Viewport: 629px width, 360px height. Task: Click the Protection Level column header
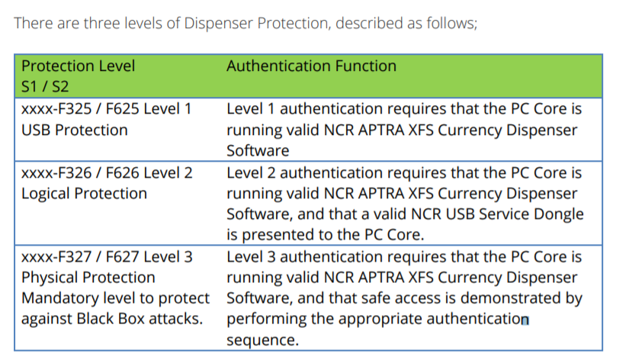(78, 66)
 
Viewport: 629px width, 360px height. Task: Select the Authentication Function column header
(311, 66)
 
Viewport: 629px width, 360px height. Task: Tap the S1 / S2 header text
(45, 87)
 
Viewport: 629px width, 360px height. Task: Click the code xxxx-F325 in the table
(52, 108)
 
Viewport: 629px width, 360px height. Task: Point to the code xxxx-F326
(52, 173)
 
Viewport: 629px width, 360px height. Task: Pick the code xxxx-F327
(52, 257)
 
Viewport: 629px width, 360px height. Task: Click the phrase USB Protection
(74, 130)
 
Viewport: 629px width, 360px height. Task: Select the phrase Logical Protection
(84, 194)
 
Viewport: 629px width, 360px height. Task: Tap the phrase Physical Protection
(88, 278)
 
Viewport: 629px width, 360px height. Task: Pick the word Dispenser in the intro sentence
(220, 22)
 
